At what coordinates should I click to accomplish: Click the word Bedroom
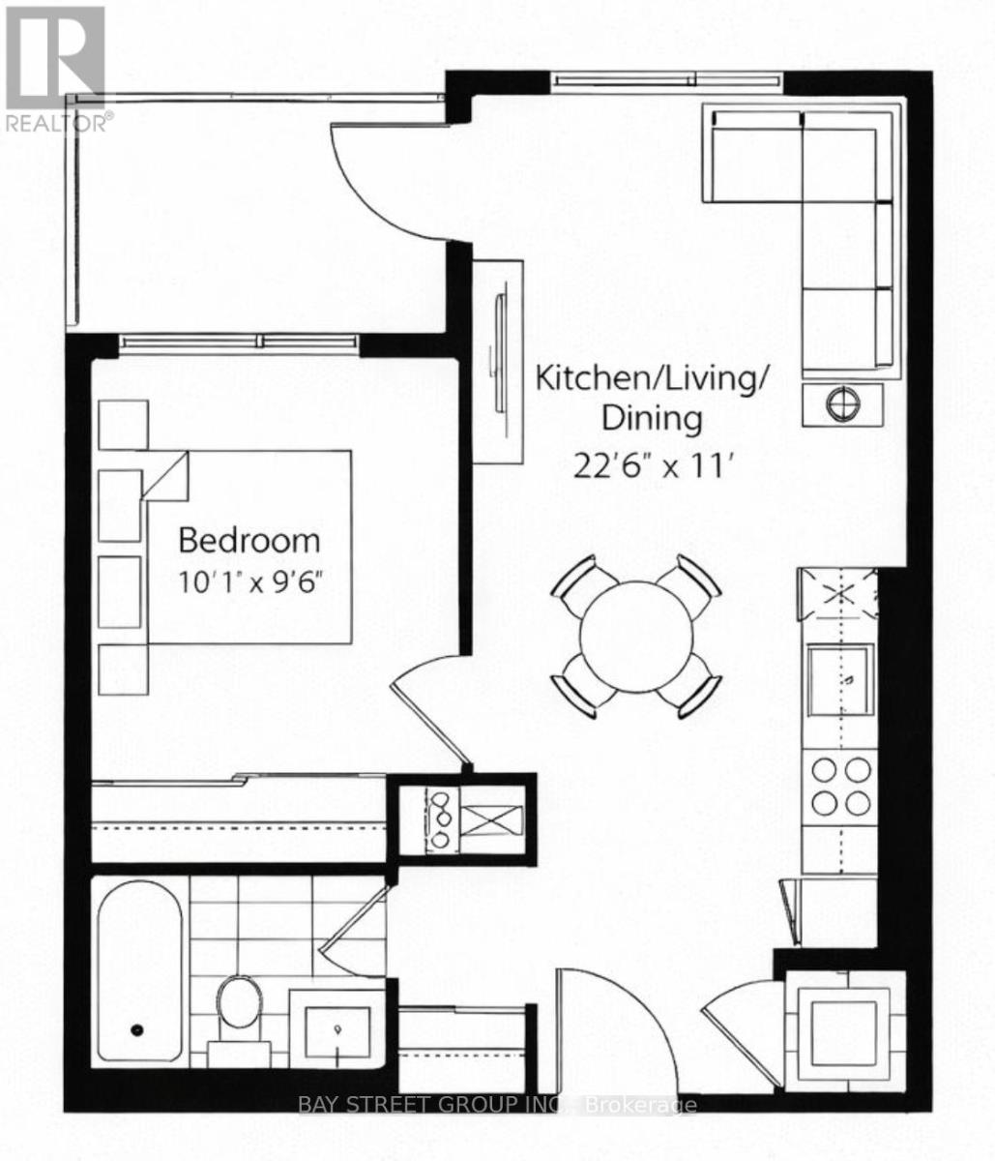click(249, 540)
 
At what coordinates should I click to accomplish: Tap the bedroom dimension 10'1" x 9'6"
click(251, 581)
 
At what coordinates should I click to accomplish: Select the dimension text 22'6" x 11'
click(654, 465)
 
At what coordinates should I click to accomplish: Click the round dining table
click(635, 637)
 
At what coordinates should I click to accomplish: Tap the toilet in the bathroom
click(240, 1012)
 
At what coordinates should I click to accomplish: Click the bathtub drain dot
click(136, 1030)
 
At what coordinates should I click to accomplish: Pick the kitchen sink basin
click(840, 680)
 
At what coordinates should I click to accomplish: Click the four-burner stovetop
click(840, 787)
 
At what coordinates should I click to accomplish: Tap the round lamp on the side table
click(843, 402)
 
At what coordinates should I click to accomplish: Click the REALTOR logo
click(54, 69)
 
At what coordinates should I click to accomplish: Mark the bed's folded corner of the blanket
click(164, 475)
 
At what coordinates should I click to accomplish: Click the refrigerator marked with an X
click(837, 595)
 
